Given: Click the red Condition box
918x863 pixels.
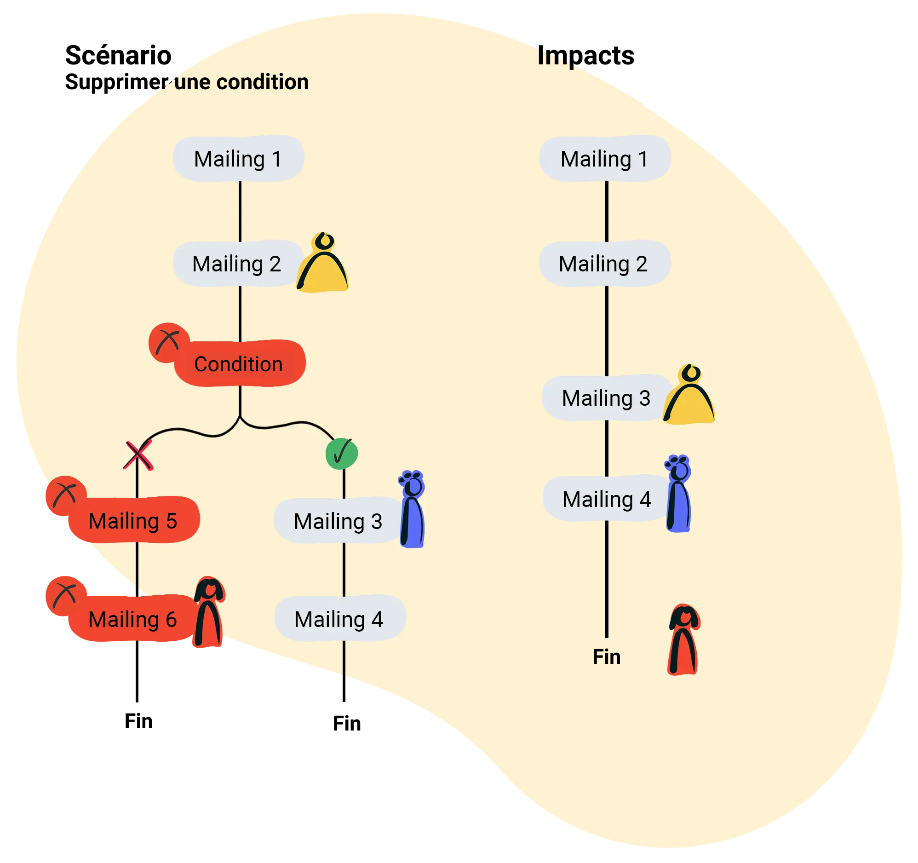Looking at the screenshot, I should point(239,364).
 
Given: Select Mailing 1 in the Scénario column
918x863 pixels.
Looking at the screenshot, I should point(238,159).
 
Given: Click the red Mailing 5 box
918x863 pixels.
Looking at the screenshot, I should point(133,521).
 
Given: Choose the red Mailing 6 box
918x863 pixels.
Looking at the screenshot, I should point(133,619).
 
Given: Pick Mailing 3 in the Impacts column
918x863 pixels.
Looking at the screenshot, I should point(606,398).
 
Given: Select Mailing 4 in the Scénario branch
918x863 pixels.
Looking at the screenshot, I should point(339,619).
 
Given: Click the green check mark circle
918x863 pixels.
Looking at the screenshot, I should point(342,454).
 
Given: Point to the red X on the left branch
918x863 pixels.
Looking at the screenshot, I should point(138,455).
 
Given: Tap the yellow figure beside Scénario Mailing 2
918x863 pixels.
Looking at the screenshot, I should point(323,266).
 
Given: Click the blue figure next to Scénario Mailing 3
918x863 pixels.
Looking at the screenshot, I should point(412,511).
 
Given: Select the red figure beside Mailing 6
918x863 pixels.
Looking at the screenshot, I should point(209,612).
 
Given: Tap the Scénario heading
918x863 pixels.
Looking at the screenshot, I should point(118,56).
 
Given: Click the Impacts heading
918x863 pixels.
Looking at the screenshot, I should point(585,56).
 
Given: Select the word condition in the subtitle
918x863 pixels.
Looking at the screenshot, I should point(262,82).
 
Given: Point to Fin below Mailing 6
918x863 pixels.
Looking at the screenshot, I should point(138,721).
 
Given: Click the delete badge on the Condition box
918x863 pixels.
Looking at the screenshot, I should point(168,342).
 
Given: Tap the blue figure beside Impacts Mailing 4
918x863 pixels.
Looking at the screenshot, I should point(678,495).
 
